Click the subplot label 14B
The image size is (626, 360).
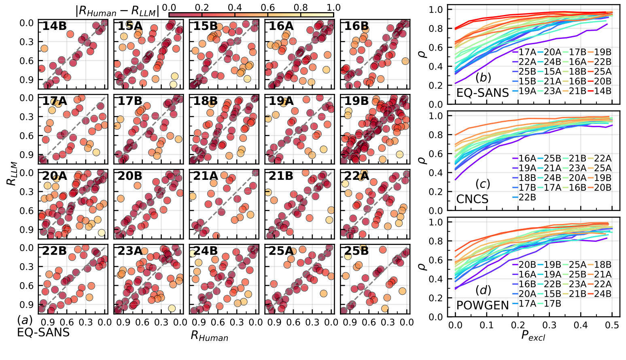tap(54, 26)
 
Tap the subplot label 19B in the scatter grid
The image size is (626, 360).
tap(357, 101)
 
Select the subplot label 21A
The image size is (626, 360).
tap(205, 176)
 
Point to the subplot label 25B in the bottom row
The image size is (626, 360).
tap(357, 251)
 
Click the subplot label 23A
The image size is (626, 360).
tap(130, 251)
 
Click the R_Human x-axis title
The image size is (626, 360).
tap(209, 336)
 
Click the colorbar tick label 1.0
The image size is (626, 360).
tap(333, 8)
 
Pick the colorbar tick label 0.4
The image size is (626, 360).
tap(234, 8)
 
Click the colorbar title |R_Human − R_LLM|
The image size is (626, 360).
tap(118, 11)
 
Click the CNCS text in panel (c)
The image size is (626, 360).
tap(472, 199)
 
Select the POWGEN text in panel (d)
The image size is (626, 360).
tap(482, 305)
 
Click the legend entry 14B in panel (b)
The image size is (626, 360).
tap(603, 91)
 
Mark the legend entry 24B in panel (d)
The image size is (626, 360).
tap(603, 294)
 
